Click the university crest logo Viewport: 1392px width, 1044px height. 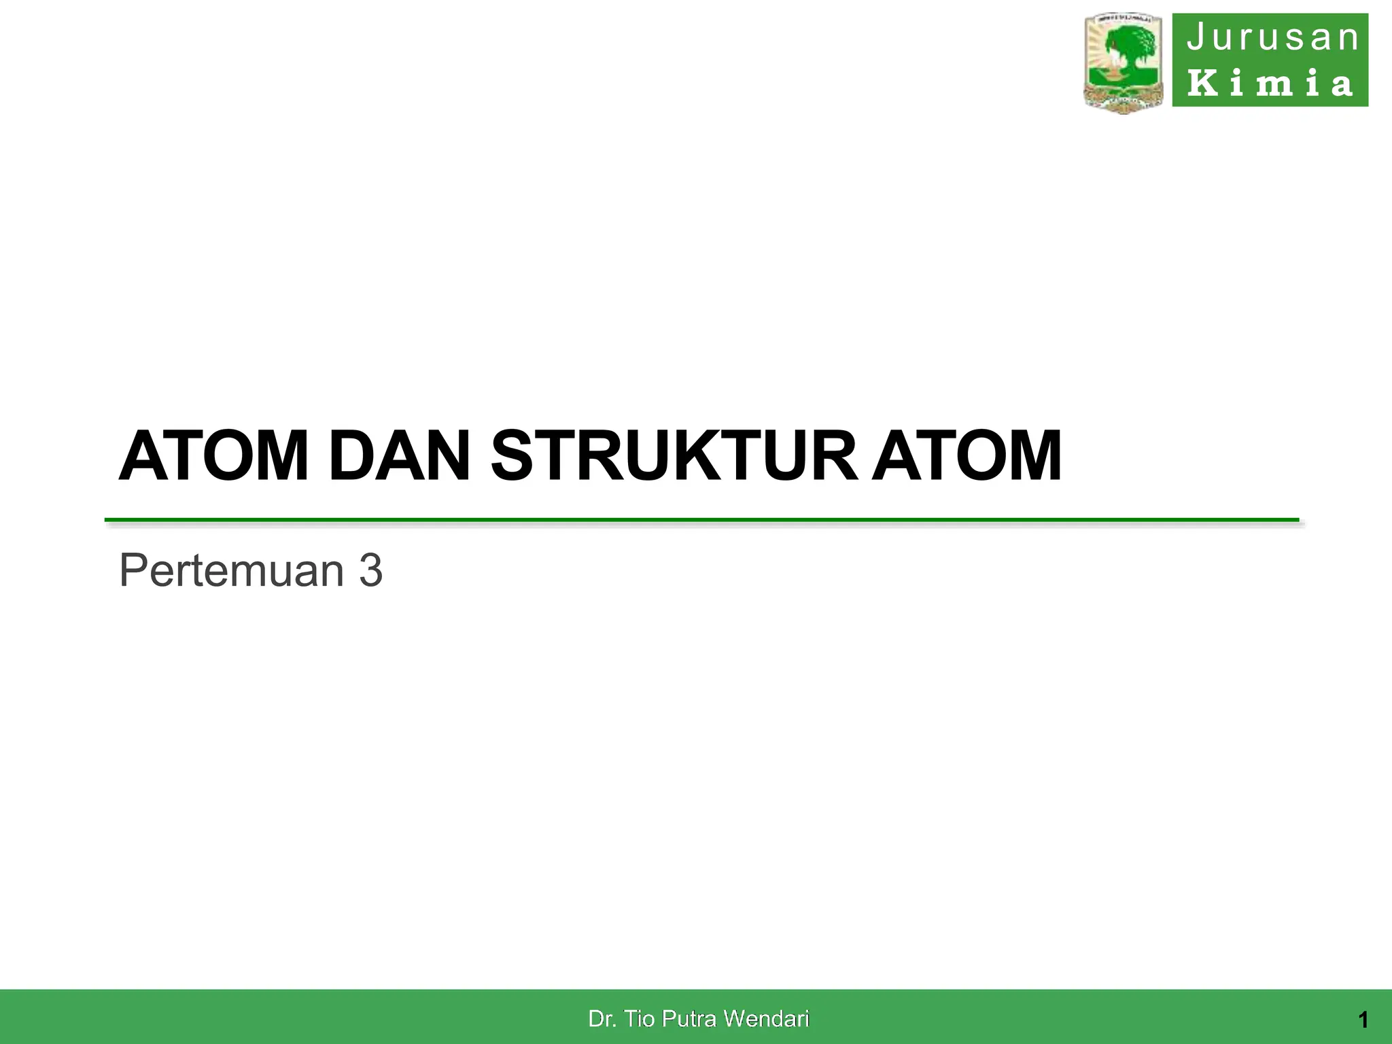[x=1124, y=63]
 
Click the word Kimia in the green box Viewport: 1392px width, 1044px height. [x=1270, y=83]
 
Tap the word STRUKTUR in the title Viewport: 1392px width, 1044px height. [x=674, y=456]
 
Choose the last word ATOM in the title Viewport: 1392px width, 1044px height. [x=967, y=456]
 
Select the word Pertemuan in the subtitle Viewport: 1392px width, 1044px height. [x=232, y=570]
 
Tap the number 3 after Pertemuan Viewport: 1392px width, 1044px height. [x=371, y=570]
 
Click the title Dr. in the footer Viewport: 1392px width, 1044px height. [x=602, y=1019]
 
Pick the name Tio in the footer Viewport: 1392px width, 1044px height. [x=640, y=1019]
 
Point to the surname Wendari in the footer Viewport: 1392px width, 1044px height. [x=766, y=1019]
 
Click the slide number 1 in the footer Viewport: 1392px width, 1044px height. [x=1363, y=1020]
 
